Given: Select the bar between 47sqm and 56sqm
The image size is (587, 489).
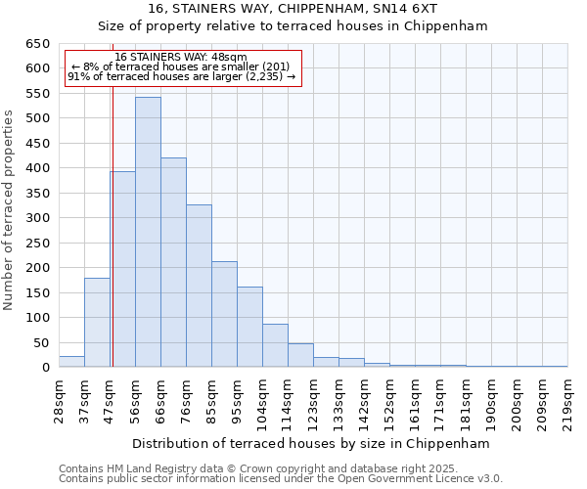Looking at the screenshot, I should pos(122,269).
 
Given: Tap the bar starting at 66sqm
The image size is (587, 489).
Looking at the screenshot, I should pos(173,262).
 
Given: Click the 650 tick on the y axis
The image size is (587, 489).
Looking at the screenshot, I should pos(38,44).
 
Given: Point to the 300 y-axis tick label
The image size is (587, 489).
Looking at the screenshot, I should pos(38,218).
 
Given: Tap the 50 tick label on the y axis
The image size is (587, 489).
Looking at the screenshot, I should pos(42,343).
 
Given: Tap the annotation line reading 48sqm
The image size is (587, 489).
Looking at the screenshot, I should pos(181,57).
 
